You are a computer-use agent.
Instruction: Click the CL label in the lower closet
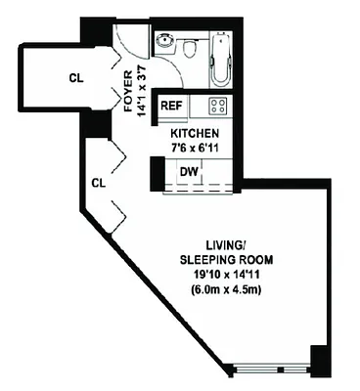click(98, 182)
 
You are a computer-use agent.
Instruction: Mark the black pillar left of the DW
click(157, 173)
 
